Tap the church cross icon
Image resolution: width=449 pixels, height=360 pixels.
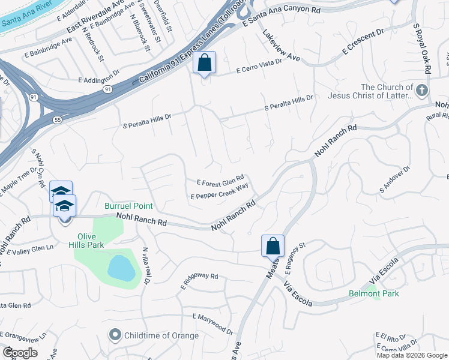[x=422, y=91]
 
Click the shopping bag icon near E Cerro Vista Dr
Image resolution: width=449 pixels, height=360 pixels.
[x=204, y=62]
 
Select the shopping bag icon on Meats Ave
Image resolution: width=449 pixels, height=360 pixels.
[x=273, y=245]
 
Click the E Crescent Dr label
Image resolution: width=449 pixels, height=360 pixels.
[x=363, y=43]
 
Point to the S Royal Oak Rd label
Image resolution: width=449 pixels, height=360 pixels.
[x=421, y=49]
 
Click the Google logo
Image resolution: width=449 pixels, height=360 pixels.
[x=20, y=353]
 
